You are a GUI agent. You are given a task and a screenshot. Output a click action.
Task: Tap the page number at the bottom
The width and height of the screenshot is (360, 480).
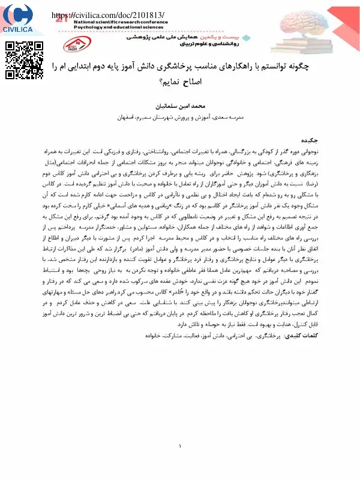(181, 446)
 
